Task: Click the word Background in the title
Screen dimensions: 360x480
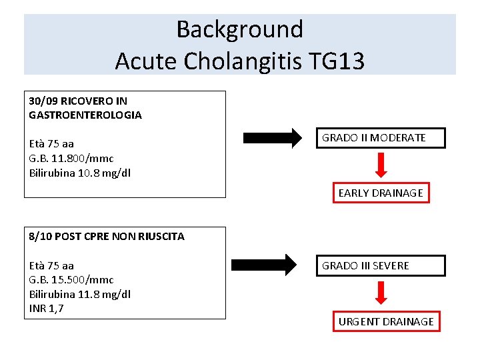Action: pyautogui.click(x=239, y=29)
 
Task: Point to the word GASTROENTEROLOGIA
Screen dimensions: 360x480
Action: pyautogui.click(x=85, y=115)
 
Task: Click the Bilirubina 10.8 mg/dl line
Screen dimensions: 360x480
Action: pyautogui.click(x=80, y=173)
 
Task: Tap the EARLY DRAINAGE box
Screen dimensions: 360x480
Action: pyautogui.click(x=381, y=193)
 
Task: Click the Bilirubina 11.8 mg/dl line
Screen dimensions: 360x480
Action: pyautogui.click(x=80, y=294)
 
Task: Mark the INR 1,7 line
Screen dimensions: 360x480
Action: pyautogui.click(x=47, y=308)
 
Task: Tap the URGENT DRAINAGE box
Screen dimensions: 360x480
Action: pyautogui.click(x=386, y=321)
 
